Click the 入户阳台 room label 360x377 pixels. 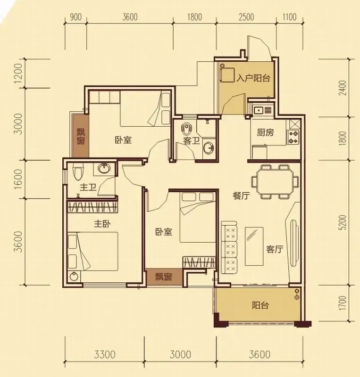click(x=253, y=78)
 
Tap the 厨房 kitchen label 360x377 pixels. click(x=265, y=132)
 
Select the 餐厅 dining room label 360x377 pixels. click(x=241, y=196)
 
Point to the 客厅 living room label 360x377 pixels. click(x=275, y=249)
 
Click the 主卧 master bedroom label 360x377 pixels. click(x=102, y=224)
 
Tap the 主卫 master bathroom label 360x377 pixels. click(x=88, y=187)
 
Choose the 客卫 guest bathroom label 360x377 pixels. click(x=192, y=140)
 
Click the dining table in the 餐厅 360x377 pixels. click(x=275, y=181)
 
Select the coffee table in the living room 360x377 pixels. click(x=254, y=246)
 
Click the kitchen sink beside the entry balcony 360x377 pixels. click(x=259, y=110)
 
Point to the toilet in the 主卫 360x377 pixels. click(x=78, y=172)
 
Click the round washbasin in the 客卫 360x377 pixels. click(x=208, y=148)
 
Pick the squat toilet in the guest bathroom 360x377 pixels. click(x=185, y=130)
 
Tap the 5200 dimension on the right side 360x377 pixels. click(x=343, y=222)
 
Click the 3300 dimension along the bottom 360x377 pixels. click(x=105, y=354)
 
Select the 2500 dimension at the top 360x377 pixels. click(x=246, y=17)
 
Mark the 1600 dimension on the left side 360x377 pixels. click(x=19, y=180)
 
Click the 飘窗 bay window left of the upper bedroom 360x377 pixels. click(x=81, y=136)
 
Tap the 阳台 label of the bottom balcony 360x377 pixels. click(x=260, y=305)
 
